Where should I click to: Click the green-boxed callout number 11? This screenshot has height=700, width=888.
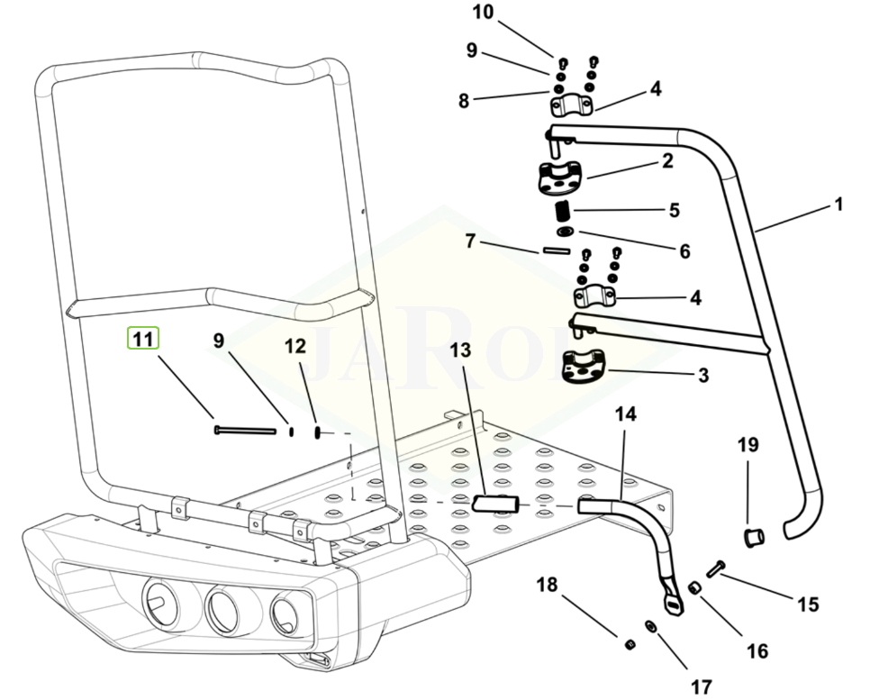point(141,339)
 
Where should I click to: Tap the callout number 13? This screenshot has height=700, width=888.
point(460,350)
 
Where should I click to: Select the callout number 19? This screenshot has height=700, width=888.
point(748,445)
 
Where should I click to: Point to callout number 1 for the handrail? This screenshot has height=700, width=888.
point(838,205)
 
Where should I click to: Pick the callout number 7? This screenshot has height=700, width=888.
point(469,241)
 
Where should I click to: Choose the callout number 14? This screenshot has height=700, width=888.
point(625,414)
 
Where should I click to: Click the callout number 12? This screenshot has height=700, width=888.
point(295,346)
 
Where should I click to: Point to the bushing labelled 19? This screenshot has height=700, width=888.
point(752,539)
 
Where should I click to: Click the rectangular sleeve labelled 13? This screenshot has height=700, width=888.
point(497,503)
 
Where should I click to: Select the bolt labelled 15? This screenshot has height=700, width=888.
point(715,568)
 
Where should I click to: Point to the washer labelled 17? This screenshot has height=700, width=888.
point(649,626)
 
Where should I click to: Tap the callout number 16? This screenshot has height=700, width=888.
point(757,650)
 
